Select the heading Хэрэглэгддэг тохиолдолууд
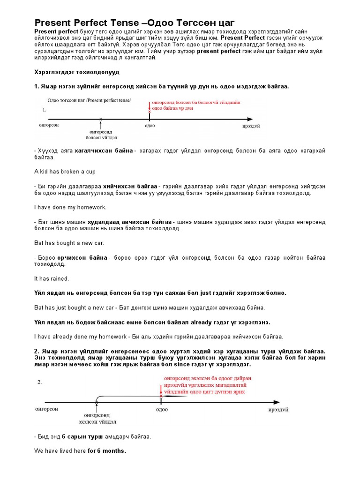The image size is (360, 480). [77, 72]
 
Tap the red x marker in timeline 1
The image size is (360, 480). [150, 112]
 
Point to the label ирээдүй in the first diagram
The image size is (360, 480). [251, 126]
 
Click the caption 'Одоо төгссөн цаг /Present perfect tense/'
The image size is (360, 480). [89, 100]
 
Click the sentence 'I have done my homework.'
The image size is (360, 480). [70, 207]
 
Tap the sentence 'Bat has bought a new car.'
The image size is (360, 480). [69, 243]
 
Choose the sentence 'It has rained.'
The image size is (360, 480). [52, 278]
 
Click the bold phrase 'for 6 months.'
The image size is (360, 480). [106, 451]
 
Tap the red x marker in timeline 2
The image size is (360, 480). [161, 396]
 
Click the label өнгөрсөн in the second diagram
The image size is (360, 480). [47, 409]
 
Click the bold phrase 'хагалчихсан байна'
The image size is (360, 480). [104, 150]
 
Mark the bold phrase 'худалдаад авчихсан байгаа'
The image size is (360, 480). [130, 222]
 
